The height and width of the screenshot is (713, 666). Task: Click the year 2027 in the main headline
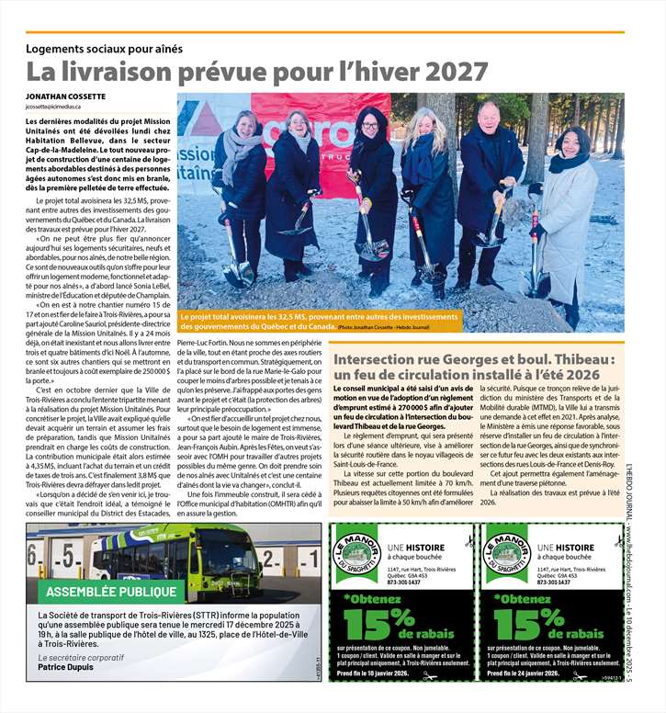tap(451, 71)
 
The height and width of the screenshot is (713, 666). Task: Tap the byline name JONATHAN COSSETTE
tap(66, 96)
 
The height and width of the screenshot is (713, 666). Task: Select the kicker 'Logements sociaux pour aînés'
tap(105, 48)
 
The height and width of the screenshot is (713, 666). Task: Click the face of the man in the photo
tap(489, 116)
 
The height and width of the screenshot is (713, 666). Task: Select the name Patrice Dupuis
tap(66, 669)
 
